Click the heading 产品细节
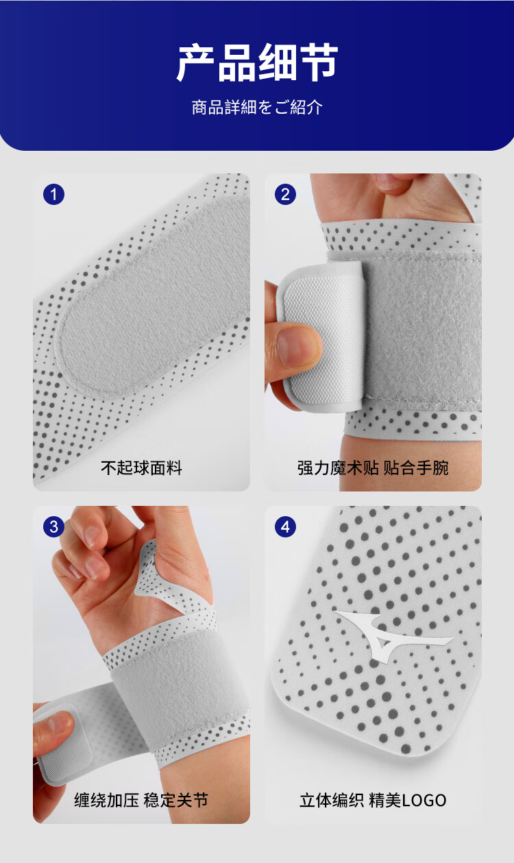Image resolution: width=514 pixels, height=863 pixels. click(257, 63)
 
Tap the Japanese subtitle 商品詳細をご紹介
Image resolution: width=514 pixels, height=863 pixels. click(257, 107)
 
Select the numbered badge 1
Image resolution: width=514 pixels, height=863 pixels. click(53, 194)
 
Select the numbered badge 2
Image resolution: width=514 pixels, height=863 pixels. click(285, 194)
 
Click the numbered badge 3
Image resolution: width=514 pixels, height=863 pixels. click(53, 526)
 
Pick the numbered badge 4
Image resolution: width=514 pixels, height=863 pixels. click(285, 526)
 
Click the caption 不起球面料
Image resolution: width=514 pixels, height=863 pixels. click(141, 467)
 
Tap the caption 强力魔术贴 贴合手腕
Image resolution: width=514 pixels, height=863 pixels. click(373, 467)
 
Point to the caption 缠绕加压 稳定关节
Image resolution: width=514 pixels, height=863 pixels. click(141, 800)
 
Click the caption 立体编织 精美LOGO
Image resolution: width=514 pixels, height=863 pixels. click(373, 800)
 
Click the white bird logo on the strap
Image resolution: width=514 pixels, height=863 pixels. click(389, 635)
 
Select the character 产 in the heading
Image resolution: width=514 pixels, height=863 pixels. click(196, 63)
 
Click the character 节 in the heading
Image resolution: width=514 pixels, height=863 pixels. click(319, 63)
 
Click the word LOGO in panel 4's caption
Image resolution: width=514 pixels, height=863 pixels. click(424, 801)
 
